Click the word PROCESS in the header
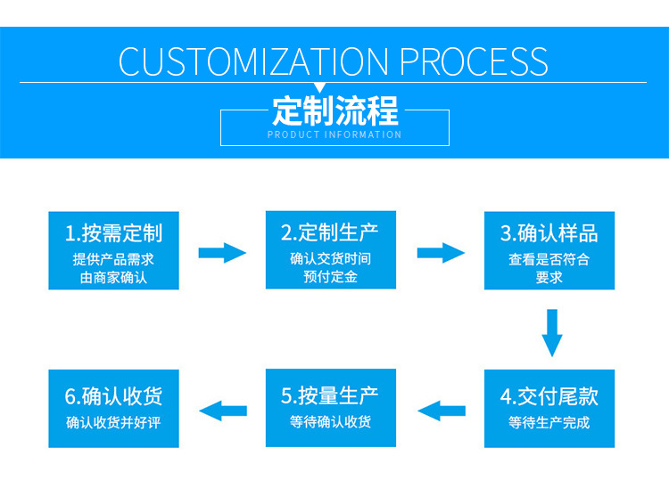pos(474,61)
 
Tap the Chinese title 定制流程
pos(334,111)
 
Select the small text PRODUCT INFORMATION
pos(334,134)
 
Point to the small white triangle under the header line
pos(334,86)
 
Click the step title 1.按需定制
pos(113,233)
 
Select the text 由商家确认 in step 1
pos(113,278)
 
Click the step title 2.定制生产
pos(330,232)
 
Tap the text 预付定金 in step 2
pos(330,277)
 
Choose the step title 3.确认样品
pos(549,233)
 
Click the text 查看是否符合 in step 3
pos(549,260)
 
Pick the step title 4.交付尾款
pos(549,396)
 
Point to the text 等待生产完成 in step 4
pos(549,422)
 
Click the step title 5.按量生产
pos(330,395)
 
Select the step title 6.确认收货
pos(113,395)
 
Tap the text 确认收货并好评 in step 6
pos(113,422)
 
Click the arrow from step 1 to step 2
pos(222,253)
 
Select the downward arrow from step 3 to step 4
pos(553,332)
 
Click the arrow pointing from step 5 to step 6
pos(222,411)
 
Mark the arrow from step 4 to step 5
pos(441,411)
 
